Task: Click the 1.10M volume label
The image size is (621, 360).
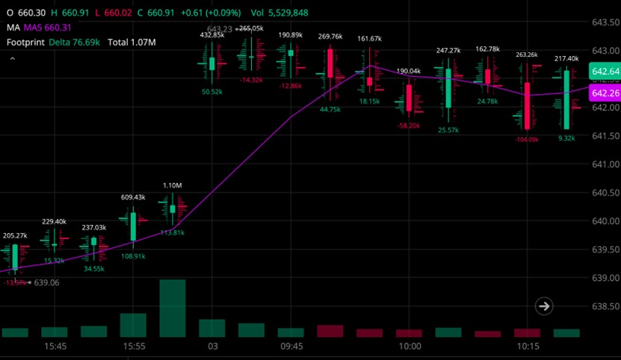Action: point(173,185)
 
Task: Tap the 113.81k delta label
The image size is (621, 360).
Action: point(173,232)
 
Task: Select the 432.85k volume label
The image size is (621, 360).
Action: point(212,34)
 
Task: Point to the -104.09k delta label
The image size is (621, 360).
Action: point(527,140)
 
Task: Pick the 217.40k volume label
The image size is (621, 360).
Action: point(566,58)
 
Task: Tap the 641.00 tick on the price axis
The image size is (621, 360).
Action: point(605,164)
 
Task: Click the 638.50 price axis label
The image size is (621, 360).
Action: point(605,307)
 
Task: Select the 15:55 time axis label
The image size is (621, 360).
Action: point(135,347)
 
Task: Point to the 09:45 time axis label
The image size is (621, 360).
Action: point(291,347)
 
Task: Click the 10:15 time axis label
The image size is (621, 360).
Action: point(528,347)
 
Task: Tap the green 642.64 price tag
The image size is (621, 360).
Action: point(605,72)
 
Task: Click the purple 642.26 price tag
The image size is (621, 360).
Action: point(605,93)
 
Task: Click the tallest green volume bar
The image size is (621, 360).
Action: point(173,308)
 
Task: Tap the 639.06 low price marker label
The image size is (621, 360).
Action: point(46,283)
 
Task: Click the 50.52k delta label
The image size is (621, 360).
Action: point(212,92)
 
